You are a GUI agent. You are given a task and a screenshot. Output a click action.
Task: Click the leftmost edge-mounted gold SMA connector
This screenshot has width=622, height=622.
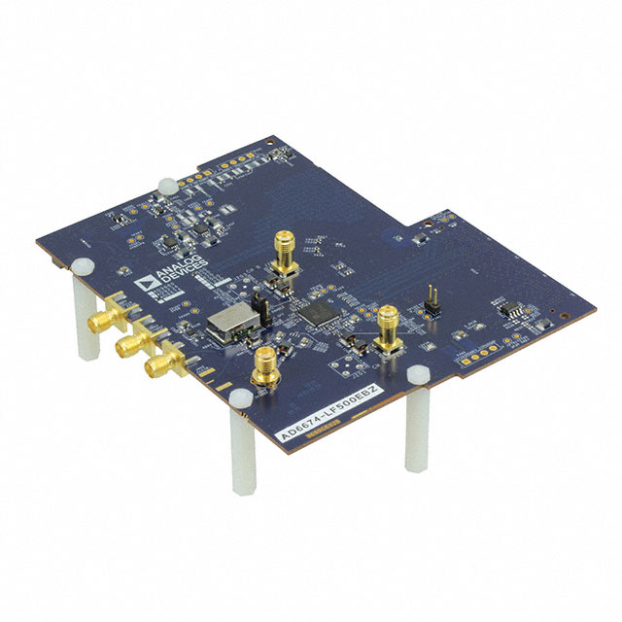click(x=100, y=322)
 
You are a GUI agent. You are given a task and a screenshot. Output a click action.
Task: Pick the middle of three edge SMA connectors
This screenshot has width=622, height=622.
click(x=126, y=345)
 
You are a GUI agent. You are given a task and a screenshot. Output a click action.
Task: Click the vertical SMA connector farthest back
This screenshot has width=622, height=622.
click(x=286, y=255)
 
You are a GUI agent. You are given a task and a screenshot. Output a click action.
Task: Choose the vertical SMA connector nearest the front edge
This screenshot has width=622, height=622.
click(x=263, y=370)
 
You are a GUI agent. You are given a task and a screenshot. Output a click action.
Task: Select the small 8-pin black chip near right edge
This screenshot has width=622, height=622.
click(x=508, y=311)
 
